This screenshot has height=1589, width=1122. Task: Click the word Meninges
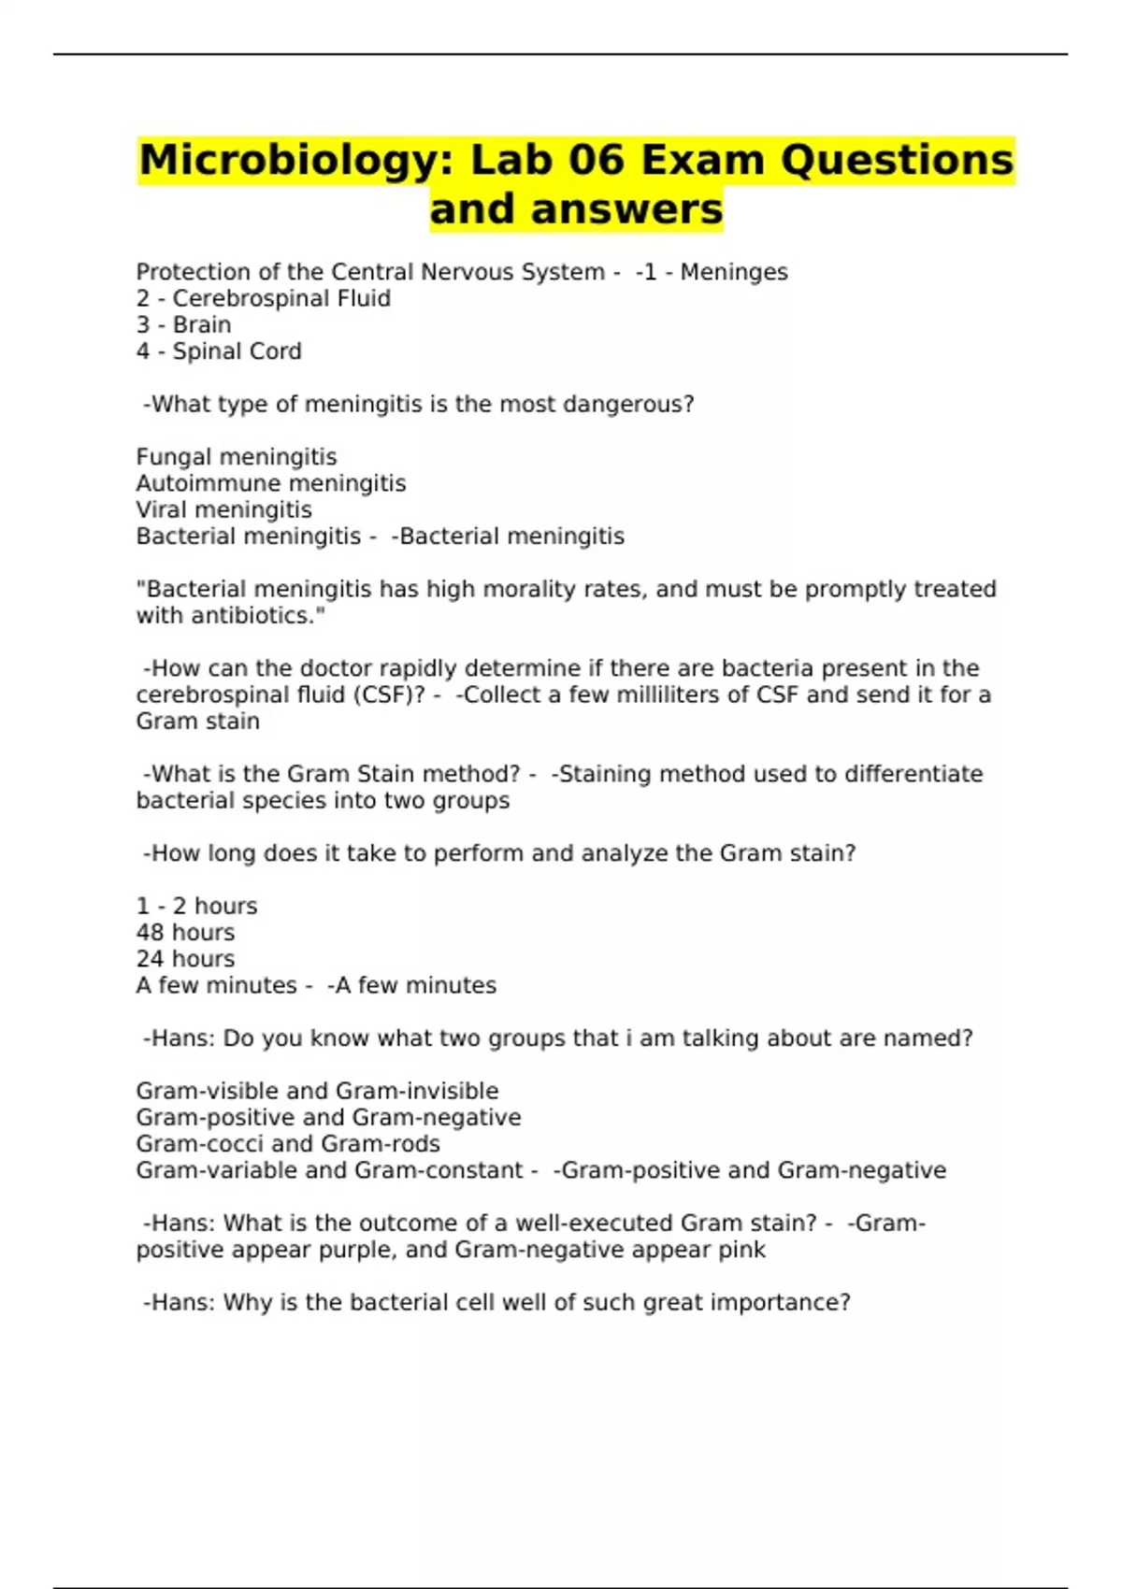734,272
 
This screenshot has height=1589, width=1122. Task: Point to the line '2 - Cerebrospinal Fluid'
264,299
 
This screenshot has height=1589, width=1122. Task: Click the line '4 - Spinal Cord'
219,351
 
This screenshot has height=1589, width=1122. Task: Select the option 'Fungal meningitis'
237,457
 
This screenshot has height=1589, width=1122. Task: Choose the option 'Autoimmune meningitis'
271,483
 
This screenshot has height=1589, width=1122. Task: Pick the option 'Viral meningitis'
224,509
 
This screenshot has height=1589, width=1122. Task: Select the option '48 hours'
185,933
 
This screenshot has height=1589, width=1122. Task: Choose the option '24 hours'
185,959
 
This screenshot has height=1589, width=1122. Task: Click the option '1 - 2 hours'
196,907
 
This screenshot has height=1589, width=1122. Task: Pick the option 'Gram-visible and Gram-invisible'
317,1091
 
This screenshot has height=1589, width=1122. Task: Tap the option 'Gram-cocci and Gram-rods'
288,1144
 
